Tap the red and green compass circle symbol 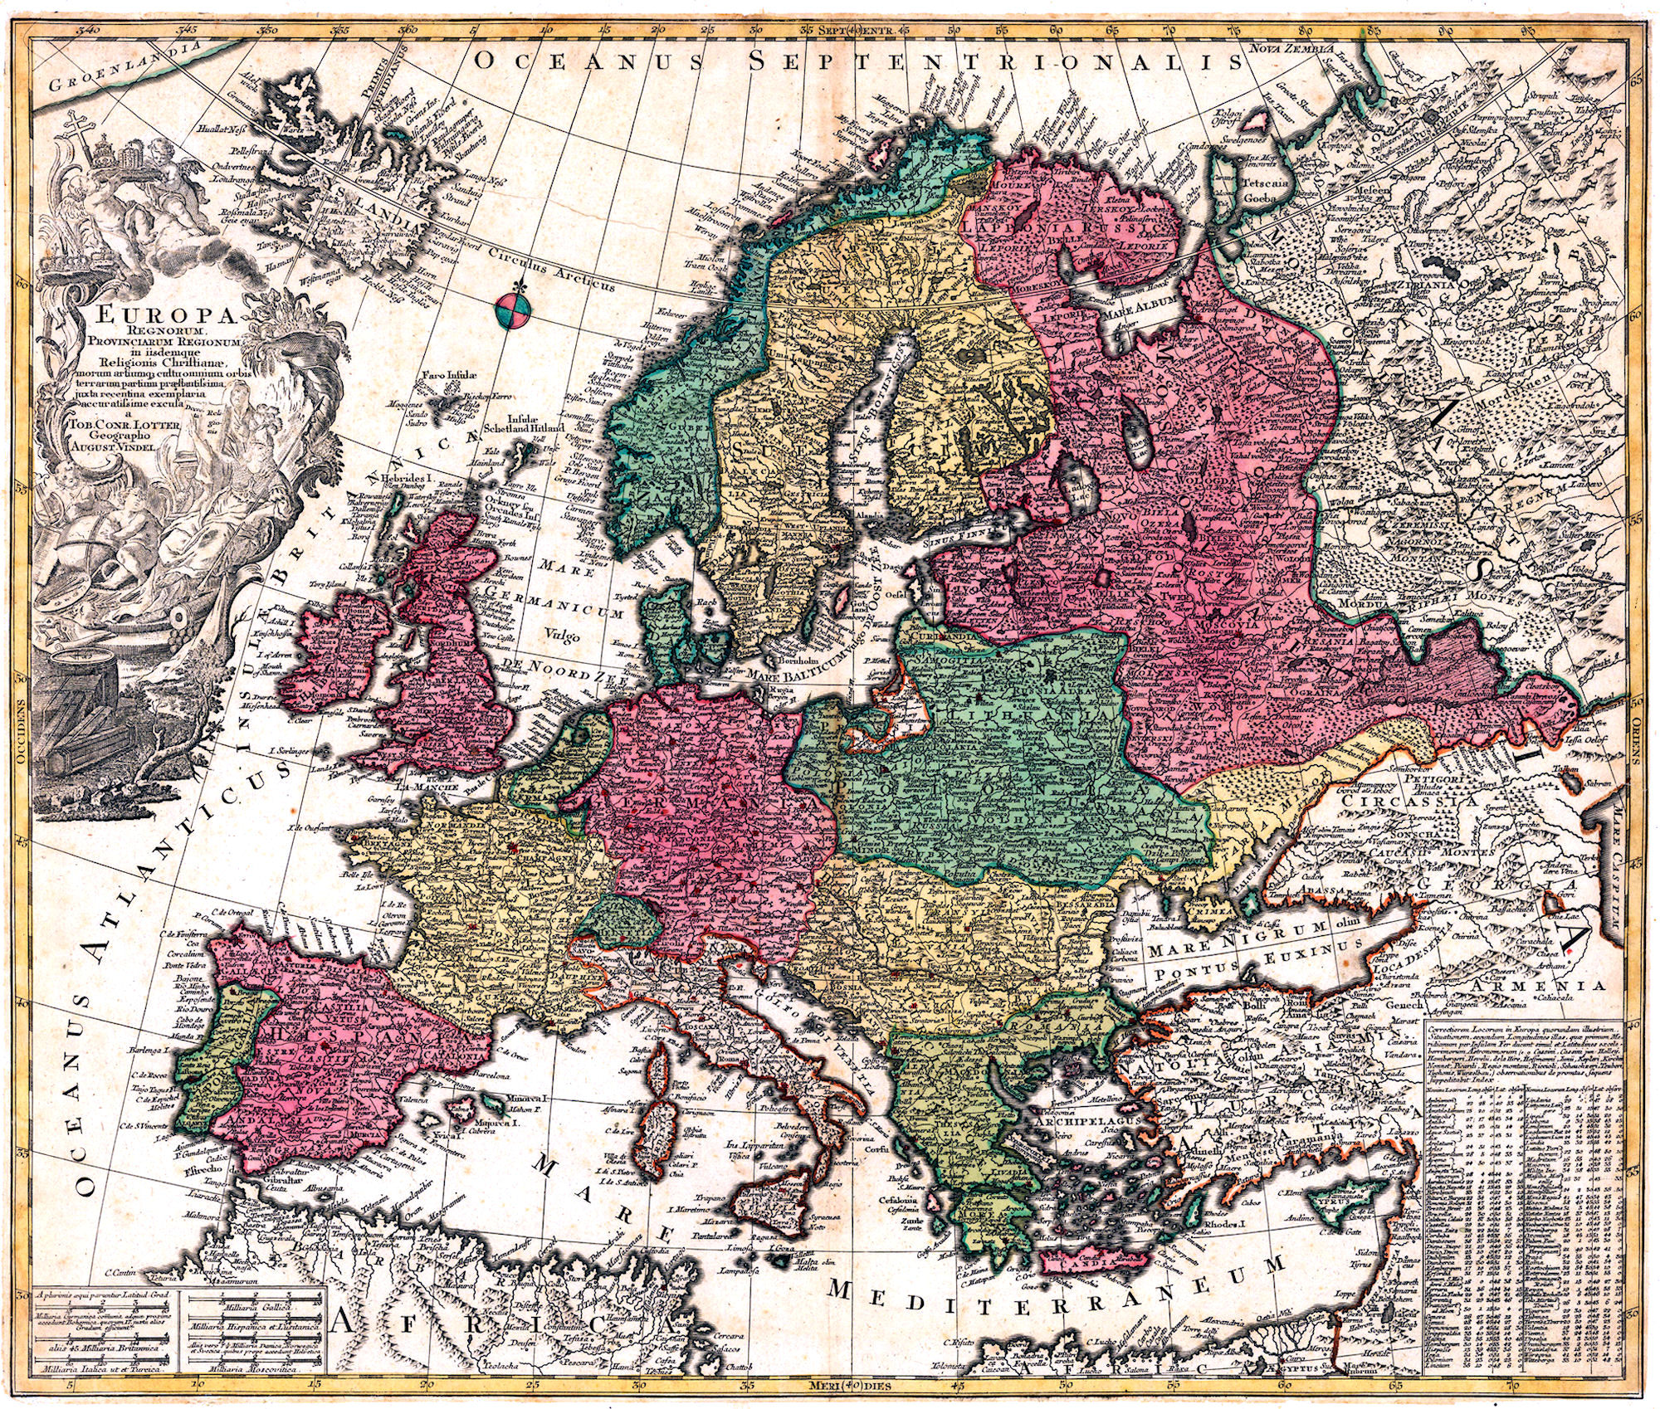[510, 310]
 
